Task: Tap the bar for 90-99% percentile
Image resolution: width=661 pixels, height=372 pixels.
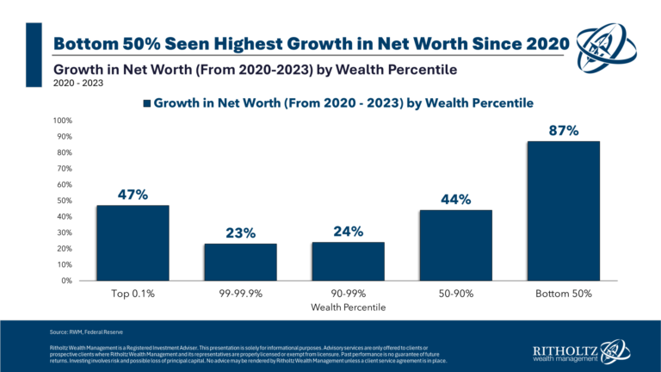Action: [x=349, y=261]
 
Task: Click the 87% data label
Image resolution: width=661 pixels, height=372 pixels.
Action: [x=565, y=131]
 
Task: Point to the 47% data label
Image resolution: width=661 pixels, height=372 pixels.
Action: [x=133, y=195]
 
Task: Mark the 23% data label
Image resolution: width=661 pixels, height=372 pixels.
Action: [x=241, y=232]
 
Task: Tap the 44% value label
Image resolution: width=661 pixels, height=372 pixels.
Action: [x=456, y=200]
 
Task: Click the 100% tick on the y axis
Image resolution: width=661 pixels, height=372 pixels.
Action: [x=61, y=121]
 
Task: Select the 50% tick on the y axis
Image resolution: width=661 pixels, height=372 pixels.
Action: [x=63, y=201]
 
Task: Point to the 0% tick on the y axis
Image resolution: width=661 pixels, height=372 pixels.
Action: [x=65, y=281]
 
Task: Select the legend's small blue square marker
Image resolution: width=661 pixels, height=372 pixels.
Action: [x=147, y=103]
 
